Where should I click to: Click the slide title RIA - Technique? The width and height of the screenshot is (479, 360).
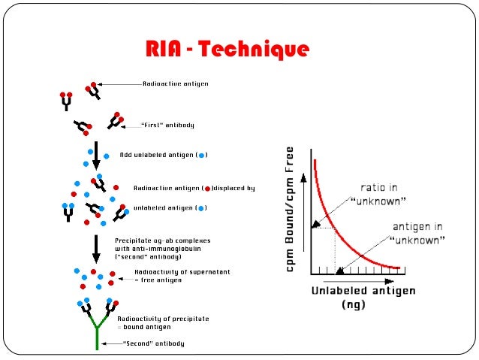point(227,51)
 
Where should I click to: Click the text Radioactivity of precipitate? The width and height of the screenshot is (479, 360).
point(163,319)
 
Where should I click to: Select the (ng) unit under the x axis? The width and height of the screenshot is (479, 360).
point(353,304)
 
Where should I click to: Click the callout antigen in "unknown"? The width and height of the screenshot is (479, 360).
point(417,232)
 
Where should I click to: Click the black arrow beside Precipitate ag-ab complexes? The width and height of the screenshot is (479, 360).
point(96,247)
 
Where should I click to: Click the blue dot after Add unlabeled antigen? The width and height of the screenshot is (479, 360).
point(200,156)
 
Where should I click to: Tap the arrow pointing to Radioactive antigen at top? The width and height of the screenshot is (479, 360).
point(120,84)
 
